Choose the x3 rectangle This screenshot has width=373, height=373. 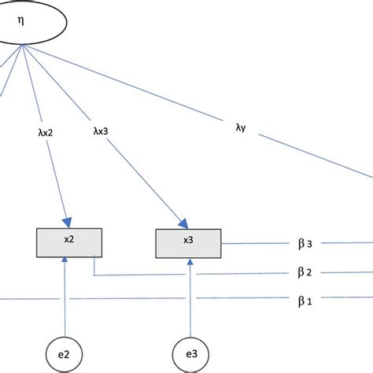click(x=188, y=241)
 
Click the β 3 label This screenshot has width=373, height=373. click(x=305, y=244)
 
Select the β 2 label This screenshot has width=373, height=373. click(x=305, y=272)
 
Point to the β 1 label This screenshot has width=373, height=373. click(x=305, y=300)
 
